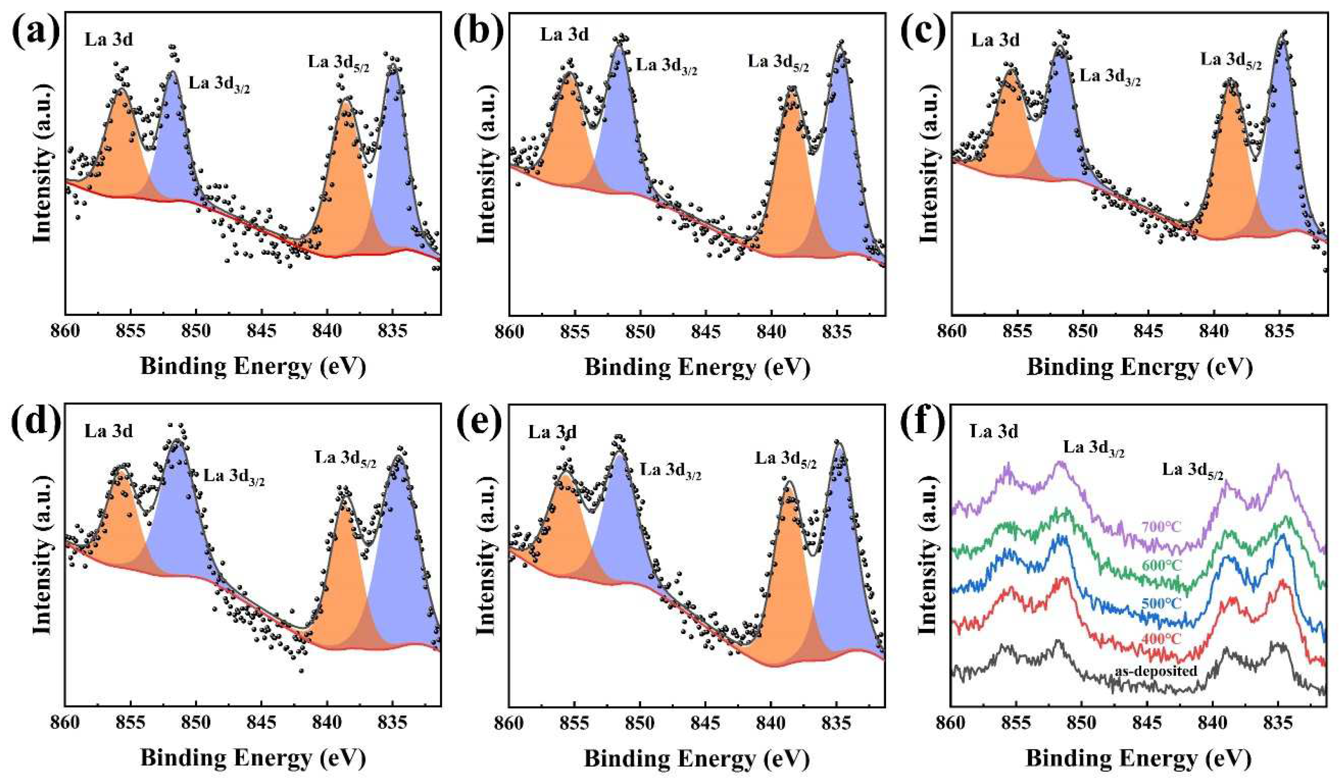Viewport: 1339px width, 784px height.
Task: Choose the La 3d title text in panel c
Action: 995,40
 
